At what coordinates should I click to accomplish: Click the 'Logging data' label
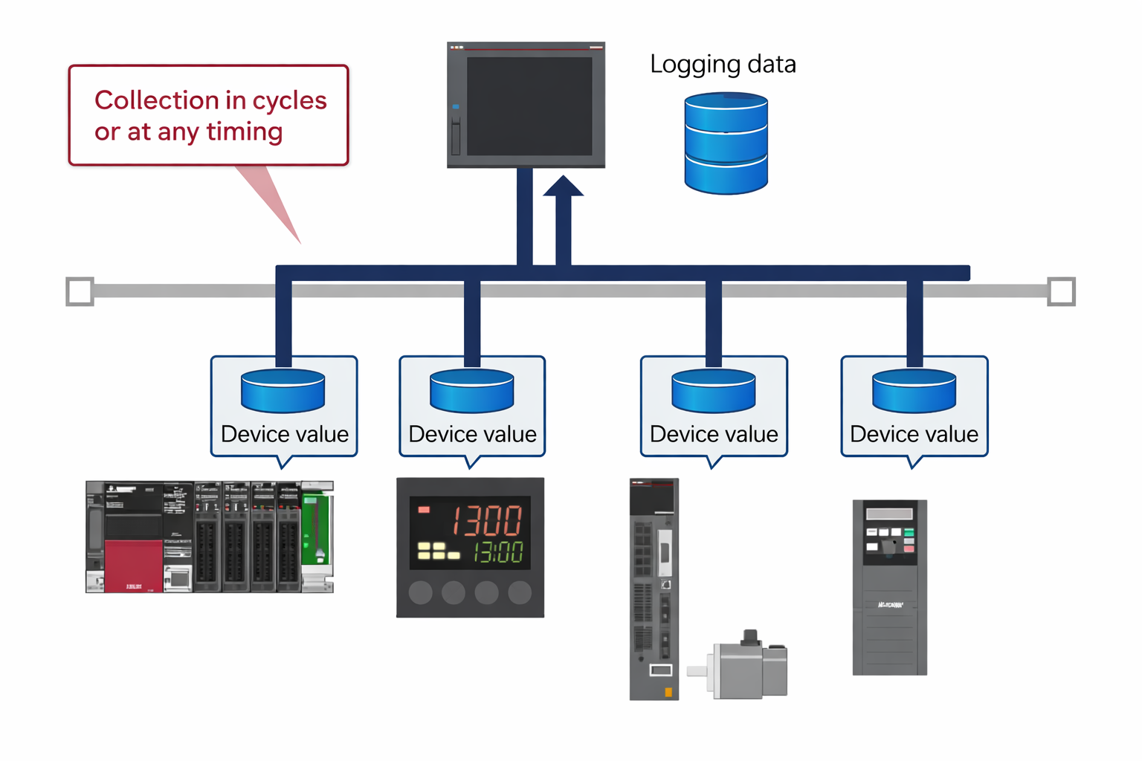point(723,65)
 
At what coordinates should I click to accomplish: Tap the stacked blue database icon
point(726,143)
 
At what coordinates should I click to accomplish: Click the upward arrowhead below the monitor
point(563,186)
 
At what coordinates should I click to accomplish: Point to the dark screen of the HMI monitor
point(529,106)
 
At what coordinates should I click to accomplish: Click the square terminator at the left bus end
point(80,291)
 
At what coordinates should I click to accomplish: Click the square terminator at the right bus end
point(1061,291)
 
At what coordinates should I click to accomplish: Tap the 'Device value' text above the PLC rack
point(284,434)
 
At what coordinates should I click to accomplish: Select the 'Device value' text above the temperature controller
point(472,434)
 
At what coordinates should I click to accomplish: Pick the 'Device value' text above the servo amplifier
point(714,434)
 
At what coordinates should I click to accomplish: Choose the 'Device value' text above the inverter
point(914,434)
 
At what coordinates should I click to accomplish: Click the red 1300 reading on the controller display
point(488,520)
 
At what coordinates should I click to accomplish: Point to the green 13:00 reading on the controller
point(498,552)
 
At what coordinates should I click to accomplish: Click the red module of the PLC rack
point(134,565)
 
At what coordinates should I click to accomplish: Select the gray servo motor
point(743,667)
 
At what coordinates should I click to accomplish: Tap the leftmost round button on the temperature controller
point(421,592)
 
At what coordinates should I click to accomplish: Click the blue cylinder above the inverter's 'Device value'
point(914,391)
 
